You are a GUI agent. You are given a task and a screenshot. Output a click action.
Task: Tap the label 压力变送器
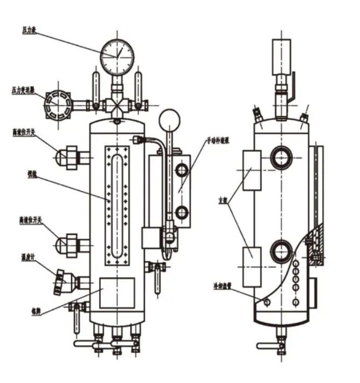[x=24, y=91]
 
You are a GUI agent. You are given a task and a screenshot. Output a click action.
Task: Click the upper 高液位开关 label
[x=24, y=131]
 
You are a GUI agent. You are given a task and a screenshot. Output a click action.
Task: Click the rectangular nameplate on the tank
[x=117, y=293]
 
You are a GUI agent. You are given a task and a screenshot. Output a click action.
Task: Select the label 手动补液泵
[x=219, y=141]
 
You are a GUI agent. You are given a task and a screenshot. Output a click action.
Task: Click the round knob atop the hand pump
[x=170, y=119]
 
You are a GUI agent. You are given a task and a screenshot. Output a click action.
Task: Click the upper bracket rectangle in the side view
[x=252, y=170]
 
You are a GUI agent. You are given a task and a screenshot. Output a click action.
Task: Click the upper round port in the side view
[x=282, y=157]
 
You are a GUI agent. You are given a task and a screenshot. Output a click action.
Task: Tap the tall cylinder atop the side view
[x=281, y=56]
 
